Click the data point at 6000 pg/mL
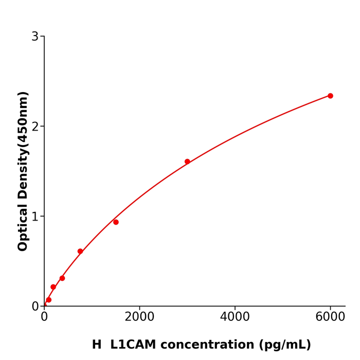[x=330, y=96]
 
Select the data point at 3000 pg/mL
[x=187, y=161]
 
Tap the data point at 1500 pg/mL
[x=116, y=222]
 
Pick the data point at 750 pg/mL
[x=80, y=251]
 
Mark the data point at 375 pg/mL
[x=62, y=278]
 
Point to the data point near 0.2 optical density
[x=53, y=287]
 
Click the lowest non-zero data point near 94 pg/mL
[x=49, y=300]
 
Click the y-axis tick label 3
[x=35, y=37]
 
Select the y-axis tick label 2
[x=35, y=127]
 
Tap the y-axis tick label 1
[x=35, y=217]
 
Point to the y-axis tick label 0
[x=35, y=307]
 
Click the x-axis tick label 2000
[x=139, y=317]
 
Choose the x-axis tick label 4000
[x=235, y=317]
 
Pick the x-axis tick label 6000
[x=330, y=317]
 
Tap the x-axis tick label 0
[x=44, y=317]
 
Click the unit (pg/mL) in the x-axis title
[x=285, y=345]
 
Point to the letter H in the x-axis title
[x=97, y=345]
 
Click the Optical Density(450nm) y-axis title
[x=23, y=171]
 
